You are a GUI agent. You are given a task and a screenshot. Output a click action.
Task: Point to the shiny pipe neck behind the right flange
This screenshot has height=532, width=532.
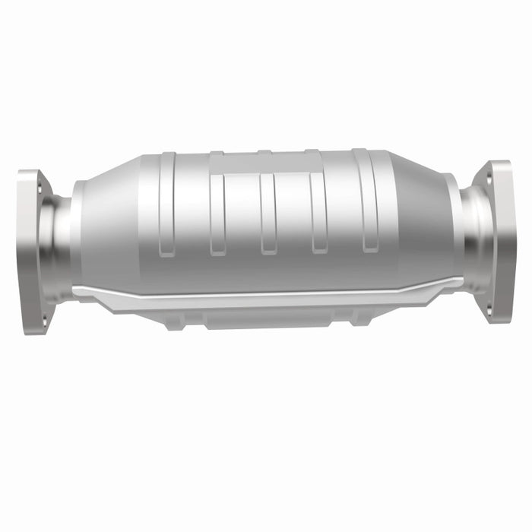coord(474,239)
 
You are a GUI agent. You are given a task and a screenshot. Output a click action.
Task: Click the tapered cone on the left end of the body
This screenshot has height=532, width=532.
coord(106,228)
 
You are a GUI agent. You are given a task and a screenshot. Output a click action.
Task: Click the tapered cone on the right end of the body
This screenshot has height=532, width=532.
coord(426,220)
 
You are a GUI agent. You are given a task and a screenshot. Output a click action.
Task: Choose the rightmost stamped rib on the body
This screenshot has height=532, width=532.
coord(369,201)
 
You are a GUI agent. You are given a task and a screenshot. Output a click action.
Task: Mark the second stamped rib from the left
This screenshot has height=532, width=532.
coord(217,217)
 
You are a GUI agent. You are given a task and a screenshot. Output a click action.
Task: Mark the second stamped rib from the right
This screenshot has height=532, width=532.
coord(318,213)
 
